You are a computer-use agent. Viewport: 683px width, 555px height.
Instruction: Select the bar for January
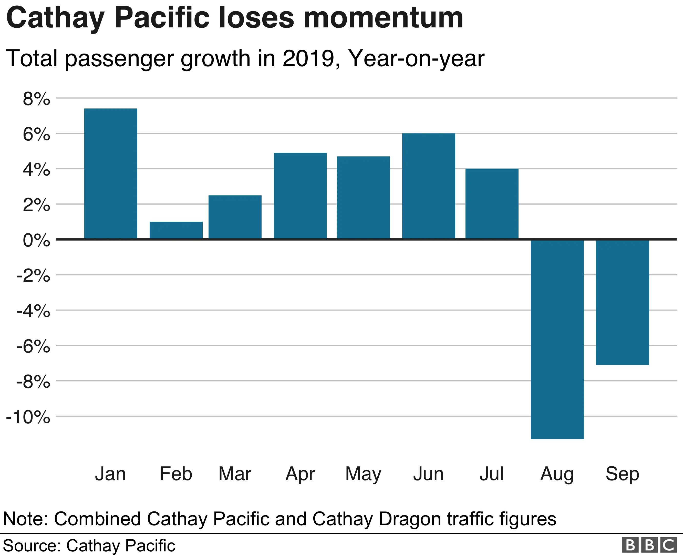pyautogui.click(x=111, y=173)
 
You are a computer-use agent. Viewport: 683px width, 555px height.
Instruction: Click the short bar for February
pyautogui.click(x=176, y=230)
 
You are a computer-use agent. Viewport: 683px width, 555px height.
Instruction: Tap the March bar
pyautogui.click(x=235, y=217)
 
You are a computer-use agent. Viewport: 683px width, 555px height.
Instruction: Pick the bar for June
pyautogui.click(x=428, y=186)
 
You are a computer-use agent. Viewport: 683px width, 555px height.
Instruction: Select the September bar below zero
pyautogui.click(x=622, y=302)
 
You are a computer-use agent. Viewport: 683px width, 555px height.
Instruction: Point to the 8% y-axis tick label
pyautogui.click(x=36, y=99)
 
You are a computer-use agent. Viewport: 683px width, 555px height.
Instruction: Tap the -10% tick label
pyautogui.click(x=28, y=417)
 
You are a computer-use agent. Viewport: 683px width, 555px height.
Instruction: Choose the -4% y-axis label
pyautogui.click(x=33, y=311)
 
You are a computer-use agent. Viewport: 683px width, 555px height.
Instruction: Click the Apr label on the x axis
pyautogui.click(x=300, y=474)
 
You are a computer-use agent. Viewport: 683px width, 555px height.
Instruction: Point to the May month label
pyautogui.click(x=363, y=474)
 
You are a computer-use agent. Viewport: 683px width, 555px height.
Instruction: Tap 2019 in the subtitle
pyautogui.click(x=309, y=58)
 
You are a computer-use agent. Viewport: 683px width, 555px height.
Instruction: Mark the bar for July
pyautogui.click(x=492, y=204)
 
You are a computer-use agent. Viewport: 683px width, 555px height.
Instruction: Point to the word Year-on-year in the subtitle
pyautogui.click(x=416, y=58)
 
